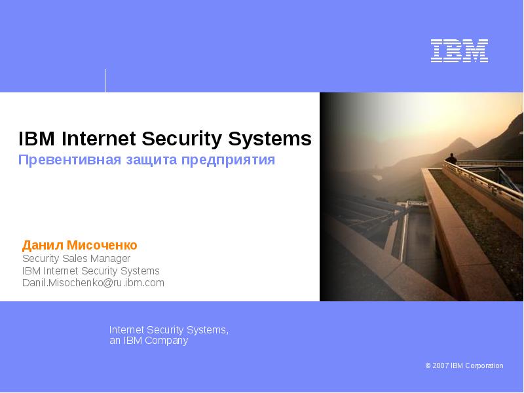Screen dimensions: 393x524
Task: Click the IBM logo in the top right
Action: (459, 51)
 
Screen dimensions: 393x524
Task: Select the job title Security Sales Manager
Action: (76, 259)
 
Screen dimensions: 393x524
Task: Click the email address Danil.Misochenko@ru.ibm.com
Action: (93, 283)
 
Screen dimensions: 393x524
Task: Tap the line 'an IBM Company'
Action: (148, 341)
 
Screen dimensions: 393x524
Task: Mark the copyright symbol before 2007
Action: (428, 365)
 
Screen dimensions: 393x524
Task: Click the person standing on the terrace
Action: (451, 159)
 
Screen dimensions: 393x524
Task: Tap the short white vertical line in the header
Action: (105, 80)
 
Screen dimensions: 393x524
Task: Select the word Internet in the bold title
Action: (98, 139)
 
